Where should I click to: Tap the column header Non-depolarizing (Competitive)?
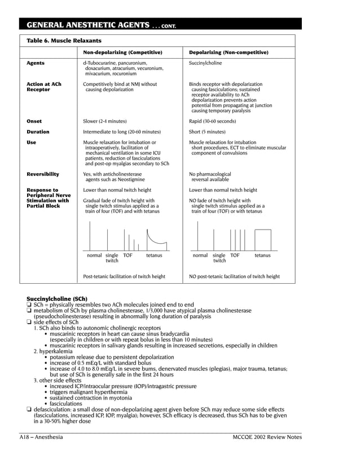[x=122, y=52]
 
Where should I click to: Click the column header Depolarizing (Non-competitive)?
[x=229, y=52]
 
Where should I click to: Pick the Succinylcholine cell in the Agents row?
[x=205, y=63]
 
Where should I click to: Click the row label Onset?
[x=34, y=121]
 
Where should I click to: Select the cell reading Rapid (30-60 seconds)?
[x=212, y=121]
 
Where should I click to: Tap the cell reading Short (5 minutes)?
[x=207, y=132]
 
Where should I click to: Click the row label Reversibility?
[x=43, y=174]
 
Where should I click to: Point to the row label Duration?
[x=38, y=132]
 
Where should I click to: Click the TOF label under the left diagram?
[x=128, y=256]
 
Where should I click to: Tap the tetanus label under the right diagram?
[x=262, y=256]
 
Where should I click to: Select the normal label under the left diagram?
[x=94, y=256]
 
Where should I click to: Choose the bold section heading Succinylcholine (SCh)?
[x=57, y=298]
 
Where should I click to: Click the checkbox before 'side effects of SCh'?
[x=29, y=322]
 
